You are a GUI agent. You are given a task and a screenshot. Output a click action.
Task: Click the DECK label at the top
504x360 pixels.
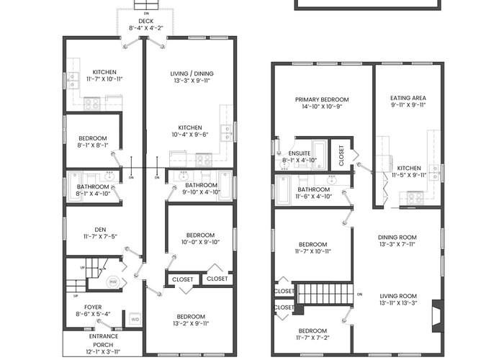(x=146, y=21)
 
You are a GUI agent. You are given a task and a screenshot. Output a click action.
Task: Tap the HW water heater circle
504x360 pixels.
(x=113, y=282)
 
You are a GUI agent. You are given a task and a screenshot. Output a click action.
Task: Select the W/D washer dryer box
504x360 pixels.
(x=135, y=319)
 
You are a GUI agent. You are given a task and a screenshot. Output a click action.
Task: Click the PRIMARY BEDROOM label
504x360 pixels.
(x=322, y=99)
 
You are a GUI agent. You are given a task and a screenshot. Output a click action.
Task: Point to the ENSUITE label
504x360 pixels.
(x=300, y=153)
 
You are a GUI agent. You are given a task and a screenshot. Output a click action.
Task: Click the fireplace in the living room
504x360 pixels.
(x=438, y=316)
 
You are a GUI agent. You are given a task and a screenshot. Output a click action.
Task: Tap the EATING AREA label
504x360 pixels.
(x=408, y=98)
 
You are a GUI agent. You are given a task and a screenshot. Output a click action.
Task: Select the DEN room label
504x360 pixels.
(x=100, y=230)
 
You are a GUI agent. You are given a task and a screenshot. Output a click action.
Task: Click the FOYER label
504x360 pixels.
(x=93, y=307)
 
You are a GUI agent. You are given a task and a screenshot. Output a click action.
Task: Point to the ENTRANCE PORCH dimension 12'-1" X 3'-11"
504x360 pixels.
(x=103, y=351)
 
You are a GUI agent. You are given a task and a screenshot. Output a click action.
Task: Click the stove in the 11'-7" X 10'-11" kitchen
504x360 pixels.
(x=92, y=104)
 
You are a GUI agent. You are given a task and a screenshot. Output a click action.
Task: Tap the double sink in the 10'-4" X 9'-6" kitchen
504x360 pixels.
(x=227, y=133)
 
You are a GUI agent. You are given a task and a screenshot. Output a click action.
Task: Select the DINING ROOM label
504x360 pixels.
(x=397, y=237)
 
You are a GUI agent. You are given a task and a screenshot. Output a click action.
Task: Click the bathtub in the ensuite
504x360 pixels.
(x=320, y=156)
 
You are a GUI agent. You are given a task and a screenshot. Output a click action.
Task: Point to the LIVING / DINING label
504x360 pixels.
(x=192, y=73)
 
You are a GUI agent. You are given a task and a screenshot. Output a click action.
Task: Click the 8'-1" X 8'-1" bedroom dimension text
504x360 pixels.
(x=93, y=145)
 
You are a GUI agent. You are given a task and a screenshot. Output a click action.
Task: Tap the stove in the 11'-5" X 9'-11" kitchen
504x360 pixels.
(x=415, y=198)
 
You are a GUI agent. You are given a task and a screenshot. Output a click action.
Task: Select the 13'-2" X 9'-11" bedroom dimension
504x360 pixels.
(x=191, y=323)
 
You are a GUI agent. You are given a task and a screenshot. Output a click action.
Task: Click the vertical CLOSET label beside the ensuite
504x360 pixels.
(x=341, y=156)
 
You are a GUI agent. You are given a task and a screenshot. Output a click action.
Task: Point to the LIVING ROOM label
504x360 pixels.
(x=398, y=296)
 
